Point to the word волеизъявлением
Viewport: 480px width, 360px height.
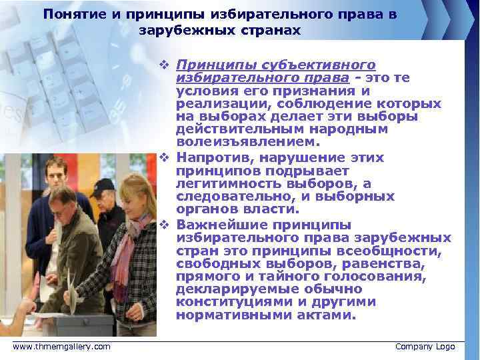[239, 143]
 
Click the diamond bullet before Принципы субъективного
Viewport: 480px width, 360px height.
[163, 65]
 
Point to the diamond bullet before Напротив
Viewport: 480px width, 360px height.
[163, 158]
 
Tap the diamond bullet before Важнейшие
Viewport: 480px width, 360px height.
[163, 225]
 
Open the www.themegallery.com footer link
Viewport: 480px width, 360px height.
[61, 347]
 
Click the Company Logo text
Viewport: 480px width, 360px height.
[425, 347]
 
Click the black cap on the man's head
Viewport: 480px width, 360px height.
[103, 185]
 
